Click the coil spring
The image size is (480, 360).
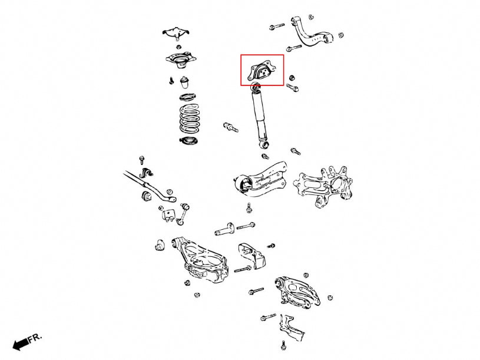[x=190, y=119]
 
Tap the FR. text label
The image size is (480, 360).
[x=35, y=338]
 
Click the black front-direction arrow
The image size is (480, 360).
[x=21, y=344]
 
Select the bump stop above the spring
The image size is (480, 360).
[x=184, y=82]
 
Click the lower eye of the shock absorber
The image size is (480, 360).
[x=264, y=143]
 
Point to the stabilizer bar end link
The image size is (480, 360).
[x=183, y=214]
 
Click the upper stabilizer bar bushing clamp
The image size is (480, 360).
[x=147, y=173]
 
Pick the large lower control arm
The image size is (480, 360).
[x=201, y=260]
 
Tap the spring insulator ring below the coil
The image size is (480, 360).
[x=188, y=141]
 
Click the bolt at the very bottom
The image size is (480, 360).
[x=283, y=345]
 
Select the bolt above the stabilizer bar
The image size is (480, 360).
[x=141, y=160]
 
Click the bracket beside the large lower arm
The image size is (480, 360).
[x=251, y=256]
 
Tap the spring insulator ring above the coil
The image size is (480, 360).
[x=187, y=97]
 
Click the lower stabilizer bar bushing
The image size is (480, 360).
[x=147, y=196]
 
